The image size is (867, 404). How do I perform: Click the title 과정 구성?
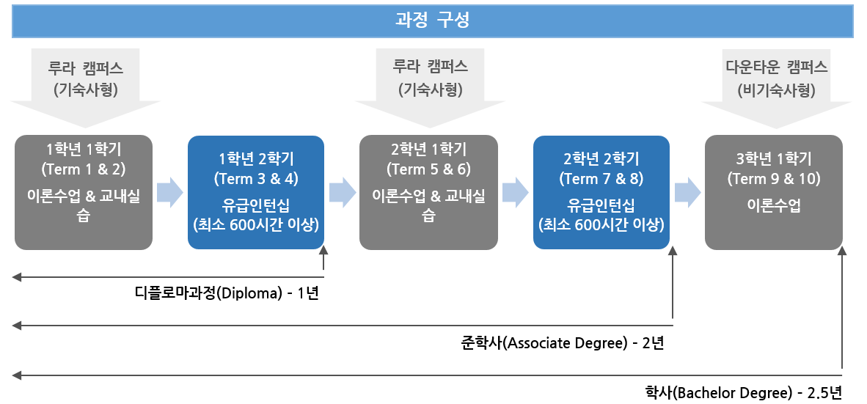(x=433, y=21)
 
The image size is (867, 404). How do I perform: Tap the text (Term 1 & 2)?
(x=84, y=169)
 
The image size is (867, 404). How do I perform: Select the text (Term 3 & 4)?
(x=256, y=178)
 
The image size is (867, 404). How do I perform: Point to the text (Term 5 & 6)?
(x=428, y=169)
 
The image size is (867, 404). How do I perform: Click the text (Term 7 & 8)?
(x=601, y=178)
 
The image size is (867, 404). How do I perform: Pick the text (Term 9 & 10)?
(x=773, y=178)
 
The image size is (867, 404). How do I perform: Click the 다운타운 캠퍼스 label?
(x=776, y=67)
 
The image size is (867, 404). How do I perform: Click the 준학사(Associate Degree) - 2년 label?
(x=563, y=342)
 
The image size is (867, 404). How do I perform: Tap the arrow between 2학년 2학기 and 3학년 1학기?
(x=687, y=192)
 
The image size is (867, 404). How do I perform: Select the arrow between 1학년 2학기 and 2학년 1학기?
(x=342, y=192)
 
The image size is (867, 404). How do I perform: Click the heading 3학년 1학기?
(x=773, y=159)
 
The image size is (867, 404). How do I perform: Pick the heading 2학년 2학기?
(x=601, y=159)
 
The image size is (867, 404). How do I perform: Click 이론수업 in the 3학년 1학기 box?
(x=773, y=206)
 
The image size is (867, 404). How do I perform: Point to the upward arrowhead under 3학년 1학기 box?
(x=842, y=252)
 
